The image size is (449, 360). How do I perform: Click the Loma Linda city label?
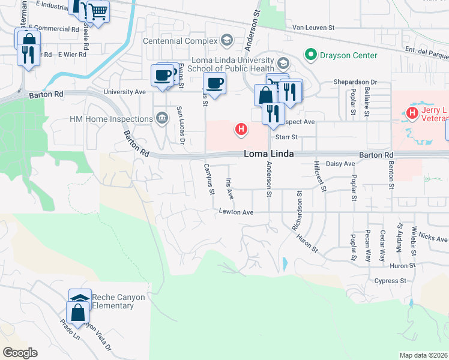(x=269, y=154)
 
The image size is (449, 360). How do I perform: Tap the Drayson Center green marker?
(x=310, y=55)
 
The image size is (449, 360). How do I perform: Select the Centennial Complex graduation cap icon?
(x=227, y=41)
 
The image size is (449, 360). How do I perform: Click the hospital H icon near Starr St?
(x=241, y=128)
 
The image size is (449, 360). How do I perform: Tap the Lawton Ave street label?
(x=236, y=212)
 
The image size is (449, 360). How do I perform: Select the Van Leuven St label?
(x=321, y=28)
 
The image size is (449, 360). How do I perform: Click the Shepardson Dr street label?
(x=355, y=82)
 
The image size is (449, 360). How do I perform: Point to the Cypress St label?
(x=390, y=281)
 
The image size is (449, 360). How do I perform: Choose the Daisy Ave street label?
(x=340, y=163)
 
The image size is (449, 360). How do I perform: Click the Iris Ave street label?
(x=229, y=189)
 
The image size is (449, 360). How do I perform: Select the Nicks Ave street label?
(x=433, y=238)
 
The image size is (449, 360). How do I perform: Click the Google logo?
(x=19, y=353)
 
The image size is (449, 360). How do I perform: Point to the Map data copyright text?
(x=423, y=355)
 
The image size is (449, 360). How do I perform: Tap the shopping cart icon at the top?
(x=98, y=10)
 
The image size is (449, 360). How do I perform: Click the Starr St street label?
(x=286, y=137)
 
